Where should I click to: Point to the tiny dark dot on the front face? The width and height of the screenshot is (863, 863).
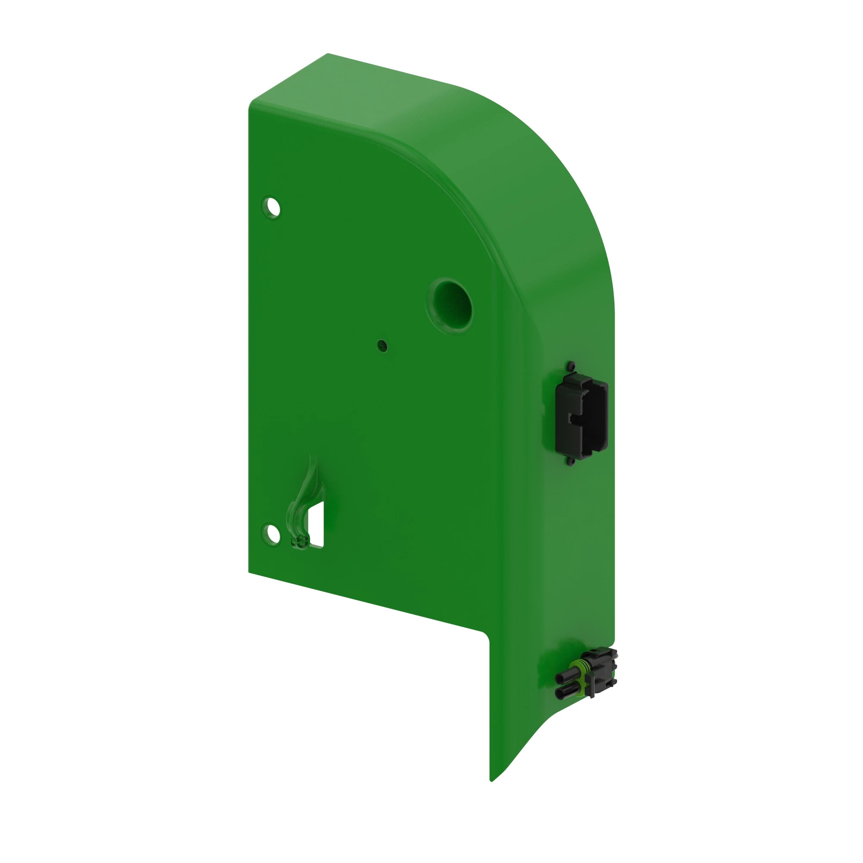[382, 346]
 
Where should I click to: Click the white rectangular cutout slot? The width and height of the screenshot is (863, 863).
[317, 524]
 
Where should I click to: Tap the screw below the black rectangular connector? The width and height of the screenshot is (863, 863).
[570, 460]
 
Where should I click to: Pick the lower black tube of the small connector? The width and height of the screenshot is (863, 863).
[566, 693]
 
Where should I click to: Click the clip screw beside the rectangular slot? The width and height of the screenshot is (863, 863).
[300, 542]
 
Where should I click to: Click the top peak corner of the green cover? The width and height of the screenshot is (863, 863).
[328, 54]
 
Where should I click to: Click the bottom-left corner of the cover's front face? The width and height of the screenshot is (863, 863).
[249, 572]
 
